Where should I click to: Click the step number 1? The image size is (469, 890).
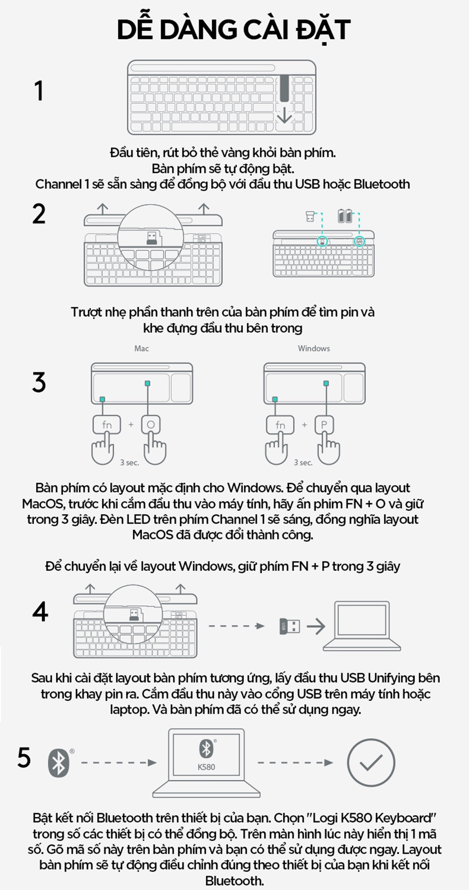pyautogui.click(x=39, y=91)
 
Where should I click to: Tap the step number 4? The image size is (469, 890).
pyautogui.click(x=40, y=611)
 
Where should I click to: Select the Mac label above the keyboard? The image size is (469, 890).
pyautogui.click(x=142, y=348)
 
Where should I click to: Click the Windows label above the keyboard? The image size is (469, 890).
pyautogui.click(x=314, y=348)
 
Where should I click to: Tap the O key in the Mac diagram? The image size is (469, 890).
pyautogui.click(x=151, y=425)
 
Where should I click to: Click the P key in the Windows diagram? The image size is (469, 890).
pyautogui.click(x=324, y=425)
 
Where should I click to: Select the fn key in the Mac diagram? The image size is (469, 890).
pyautogui.click(x=107, y=425)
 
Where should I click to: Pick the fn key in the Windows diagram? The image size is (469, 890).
pyautogui.click(x=280, y=425)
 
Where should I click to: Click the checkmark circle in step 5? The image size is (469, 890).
pyautogui.click(x=371, y=762)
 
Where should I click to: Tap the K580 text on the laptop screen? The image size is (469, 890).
pyautogui.click(x=206, y=767)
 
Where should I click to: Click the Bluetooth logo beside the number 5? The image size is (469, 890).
pyautogui.click(x=59, y=763)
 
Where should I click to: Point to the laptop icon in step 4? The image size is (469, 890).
pyautogui.click(x=362, y=626)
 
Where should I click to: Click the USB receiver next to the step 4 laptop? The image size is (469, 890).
pyautogui.click(x=289, y=626)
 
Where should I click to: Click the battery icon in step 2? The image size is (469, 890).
pyautogui.click(x=345, y=216)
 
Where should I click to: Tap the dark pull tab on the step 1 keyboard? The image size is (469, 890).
pyautogui.click(x=284, y=88)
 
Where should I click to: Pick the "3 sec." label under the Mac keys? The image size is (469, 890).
pyautogui.click(x=129, y=462)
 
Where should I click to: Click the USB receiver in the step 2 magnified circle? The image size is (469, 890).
pyautogui.click(x=151, y=238)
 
